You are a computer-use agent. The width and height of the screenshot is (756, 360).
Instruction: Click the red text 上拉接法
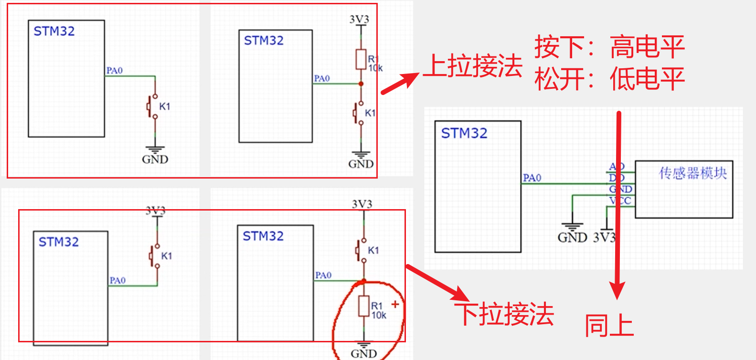pyautogui.click(x=473, y=66)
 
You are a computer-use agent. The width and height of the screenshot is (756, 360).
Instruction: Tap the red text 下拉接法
pyautogui.click(x=504, y=314)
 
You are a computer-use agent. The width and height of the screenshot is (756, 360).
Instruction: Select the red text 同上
pyautogui.click(x=609, y=326)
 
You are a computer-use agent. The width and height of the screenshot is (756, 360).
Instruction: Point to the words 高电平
pyautogui.click(x=648, y=47)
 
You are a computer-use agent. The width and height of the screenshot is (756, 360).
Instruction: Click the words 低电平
pyautogui.click(x=648, y=79)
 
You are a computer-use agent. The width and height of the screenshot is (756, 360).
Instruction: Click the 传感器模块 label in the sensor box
pyautogui.click(x=692, y=173)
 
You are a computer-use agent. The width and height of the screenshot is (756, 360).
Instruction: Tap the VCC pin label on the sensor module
pyautogui.click(x=620, y=201)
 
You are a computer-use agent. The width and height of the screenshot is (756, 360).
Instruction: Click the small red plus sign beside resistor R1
pyautogui.click(x=395, y=304)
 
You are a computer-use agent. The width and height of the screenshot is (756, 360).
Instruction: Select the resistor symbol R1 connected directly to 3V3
pyautogui.click(x=361, y=60)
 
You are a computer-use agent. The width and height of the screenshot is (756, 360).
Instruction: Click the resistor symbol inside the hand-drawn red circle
pyautogui.click(x=364, y=306)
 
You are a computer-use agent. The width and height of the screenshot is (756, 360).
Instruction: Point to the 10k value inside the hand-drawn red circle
pyautogui.click(x=379, y=315)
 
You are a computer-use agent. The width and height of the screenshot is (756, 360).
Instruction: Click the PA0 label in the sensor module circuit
pyautogui.click(x=532, y=178)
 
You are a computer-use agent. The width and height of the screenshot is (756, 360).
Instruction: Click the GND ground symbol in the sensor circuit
pyautogui.click(x=572, y=226)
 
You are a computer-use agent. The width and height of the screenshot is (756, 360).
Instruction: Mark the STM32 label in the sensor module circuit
pyautogui.click(x=464, y=133)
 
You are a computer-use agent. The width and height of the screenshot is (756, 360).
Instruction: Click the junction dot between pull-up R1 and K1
pyautogui.click(x=361, y=84)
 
